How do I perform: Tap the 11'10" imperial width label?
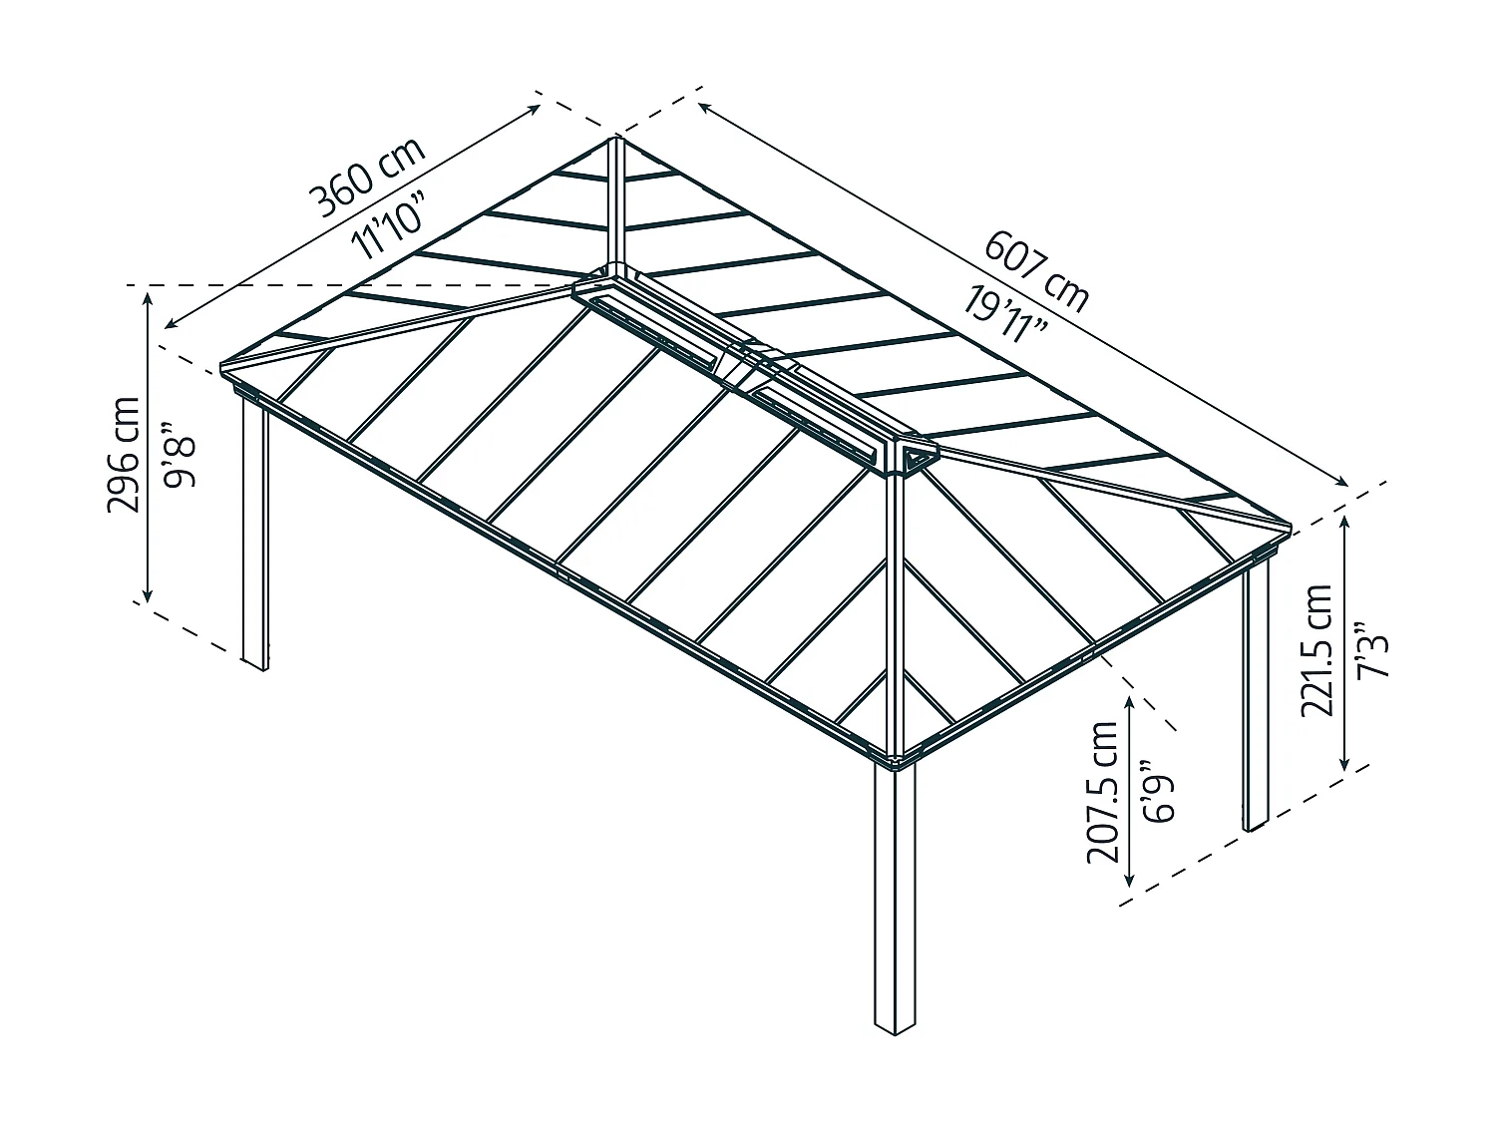point(389,224)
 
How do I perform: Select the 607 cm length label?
point(1036,272)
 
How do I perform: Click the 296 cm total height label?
point(124,455)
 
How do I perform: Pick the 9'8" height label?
point(180,455)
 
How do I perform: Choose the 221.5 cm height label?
point(1316,650)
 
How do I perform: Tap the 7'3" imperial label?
point(1372,650)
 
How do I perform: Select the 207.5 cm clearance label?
point(1102,792)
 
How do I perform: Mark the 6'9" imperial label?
point(1159,792)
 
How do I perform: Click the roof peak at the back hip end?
point(614,139)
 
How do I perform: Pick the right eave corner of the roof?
point(1289,528)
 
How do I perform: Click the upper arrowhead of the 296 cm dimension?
point(148,296)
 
